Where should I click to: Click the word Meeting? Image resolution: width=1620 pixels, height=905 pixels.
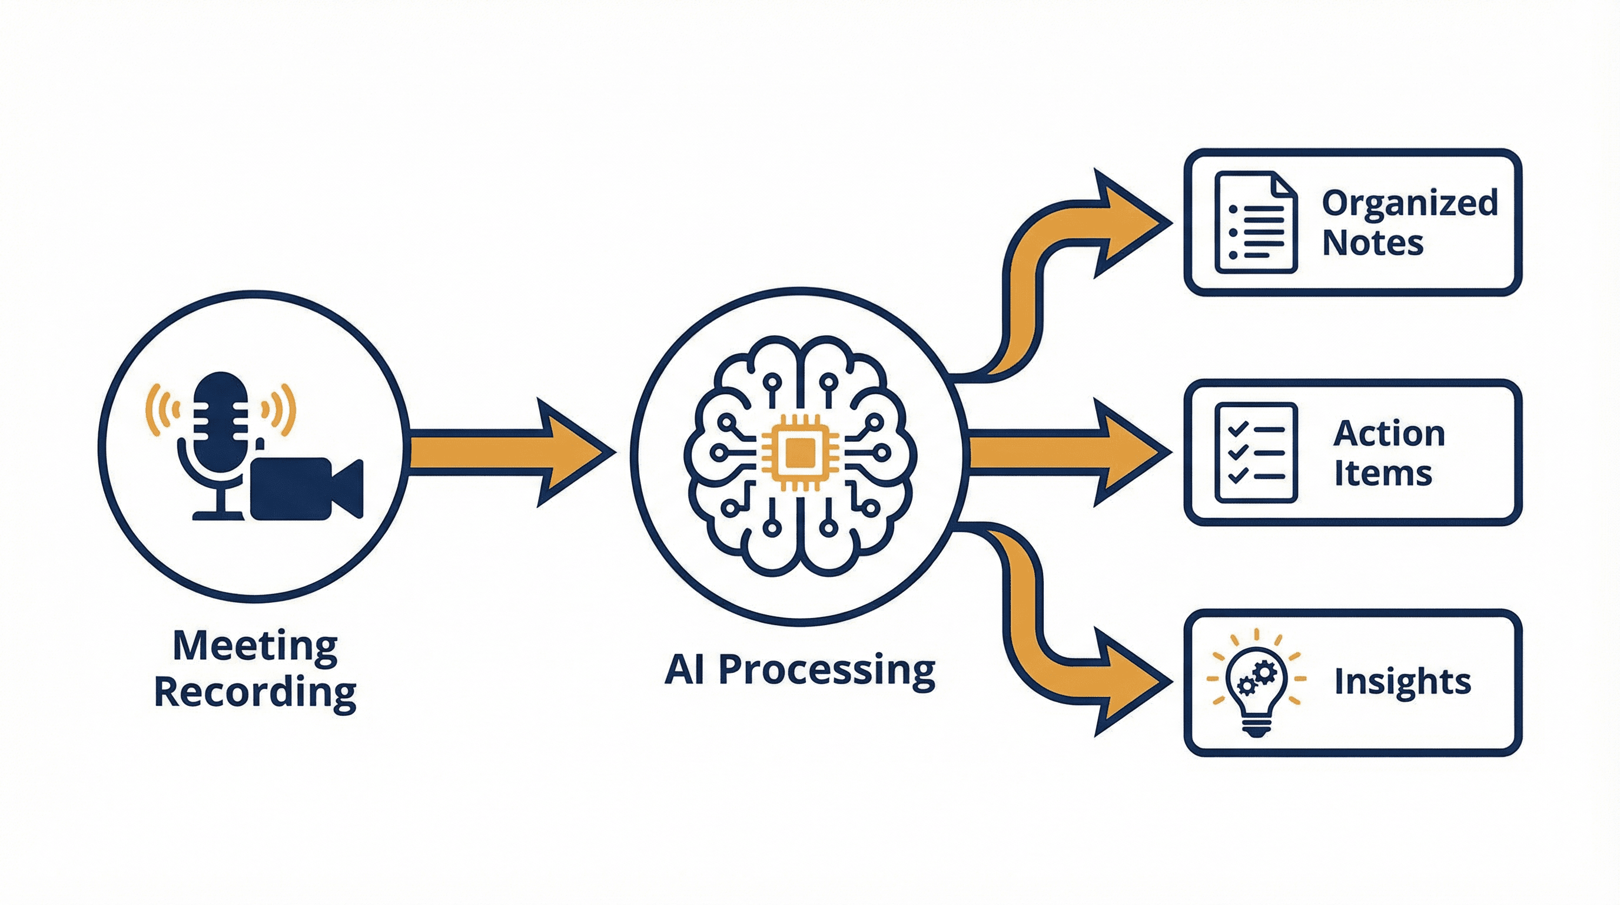(x=255, y=646)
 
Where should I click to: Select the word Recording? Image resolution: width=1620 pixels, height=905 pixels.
(x=255, y=692)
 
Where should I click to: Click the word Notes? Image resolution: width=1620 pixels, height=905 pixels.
(x=1372, y=243)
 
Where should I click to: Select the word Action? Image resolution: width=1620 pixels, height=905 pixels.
(x=1389, y=434)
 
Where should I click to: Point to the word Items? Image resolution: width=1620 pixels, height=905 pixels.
(x=1383, y=473)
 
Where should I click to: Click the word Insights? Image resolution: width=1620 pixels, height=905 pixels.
(x=1402, y=682)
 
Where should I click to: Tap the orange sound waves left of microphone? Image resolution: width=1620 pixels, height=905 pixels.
(x=160, y=409)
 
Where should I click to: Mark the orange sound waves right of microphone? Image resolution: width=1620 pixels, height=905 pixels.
(x=280, y=409)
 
